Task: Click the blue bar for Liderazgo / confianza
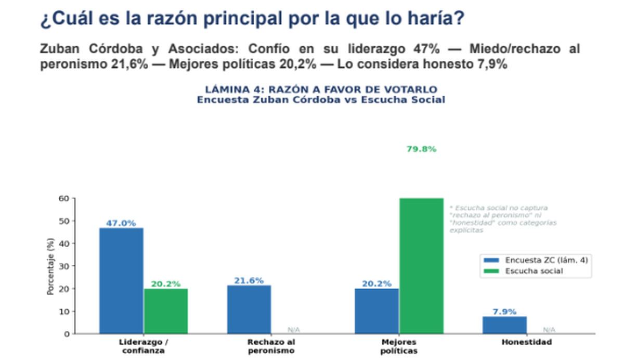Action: point(121,280)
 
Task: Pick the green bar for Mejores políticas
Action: point(421,265)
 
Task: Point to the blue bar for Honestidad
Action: point(504,325)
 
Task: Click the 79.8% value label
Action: point(421,149)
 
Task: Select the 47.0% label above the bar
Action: point(121,223)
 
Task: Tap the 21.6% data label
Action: point(249,280)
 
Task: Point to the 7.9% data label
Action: point(504,312)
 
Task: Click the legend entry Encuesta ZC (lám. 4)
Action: point(535,260)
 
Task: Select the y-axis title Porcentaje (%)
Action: point(50,266)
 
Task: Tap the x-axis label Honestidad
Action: point(526,342)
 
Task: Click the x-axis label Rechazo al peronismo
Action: point(271,346)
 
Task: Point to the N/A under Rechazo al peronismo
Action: point(294,330)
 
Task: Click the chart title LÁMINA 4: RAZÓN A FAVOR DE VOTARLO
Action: point(321,89)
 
